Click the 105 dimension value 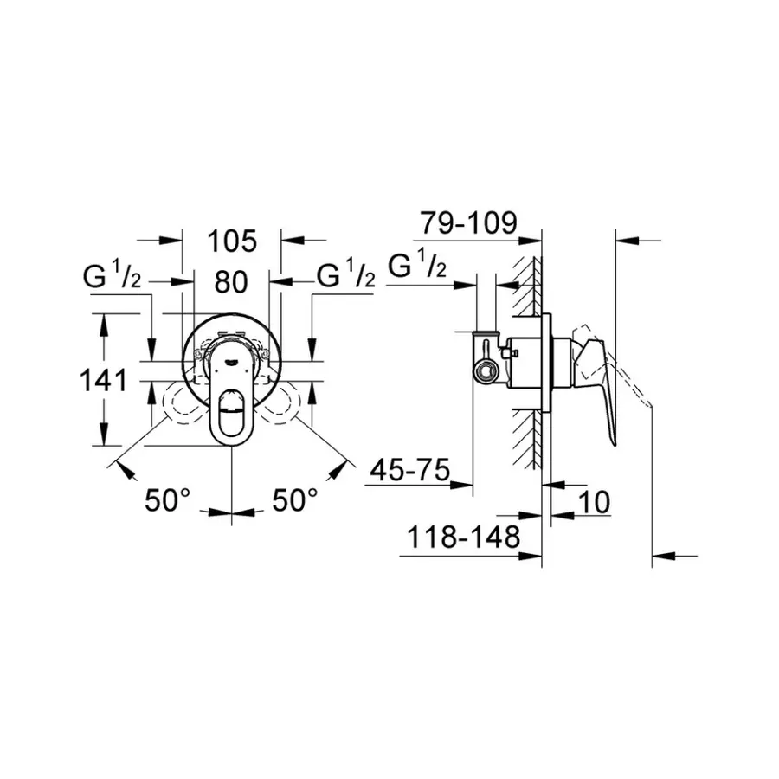point(232,241)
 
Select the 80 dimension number point(231,281)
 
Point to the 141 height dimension point(105,380)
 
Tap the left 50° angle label point(167,499)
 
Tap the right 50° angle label point(295,499)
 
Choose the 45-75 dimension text point(409,472)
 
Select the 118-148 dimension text point(464,538)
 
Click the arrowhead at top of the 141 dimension point(105,321)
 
